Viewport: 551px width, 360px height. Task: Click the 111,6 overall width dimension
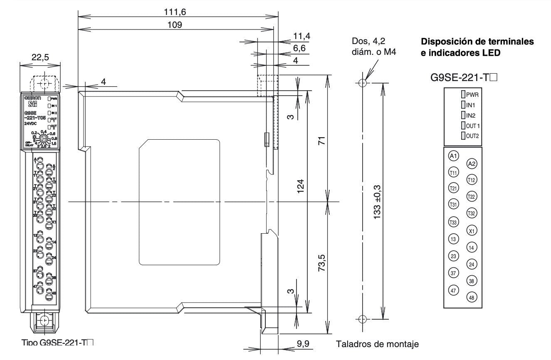pyautogui.click(x=175, y=12)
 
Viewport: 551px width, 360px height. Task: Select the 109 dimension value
pyautogui.click(x=175, y=25)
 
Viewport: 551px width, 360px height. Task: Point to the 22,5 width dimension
pyautogui.click(x=40, y=58)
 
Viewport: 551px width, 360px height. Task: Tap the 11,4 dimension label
pyautogui.click(x=302, y=36)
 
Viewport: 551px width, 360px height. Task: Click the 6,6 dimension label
pyautogui.click(x=299, y=48)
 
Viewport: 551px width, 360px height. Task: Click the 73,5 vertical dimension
pyautogui.click(x=321, y=263)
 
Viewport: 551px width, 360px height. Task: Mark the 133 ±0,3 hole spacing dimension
pyautogui.click(x=377, y=202)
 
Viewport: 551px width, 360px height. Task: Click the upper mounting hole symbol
pyautogui.click(x=362, y=83)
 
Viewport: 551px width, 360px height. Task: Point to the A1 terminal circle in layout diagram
pyautogui.click(x=454, y=156)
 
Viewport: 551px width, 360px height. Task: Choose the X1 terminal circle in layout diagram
pyautogui.click(x=472, y=231)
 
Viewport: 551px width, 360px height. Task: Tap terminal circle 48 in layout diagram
pyautogui.click(x=472, y=297)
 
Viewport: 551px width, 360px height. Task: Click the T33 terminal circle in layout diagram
pyautogui.click(x=454, y=222)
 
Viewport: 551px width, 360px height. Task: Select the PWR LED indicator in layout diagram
pyautogui.click(x=462, y=95)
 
